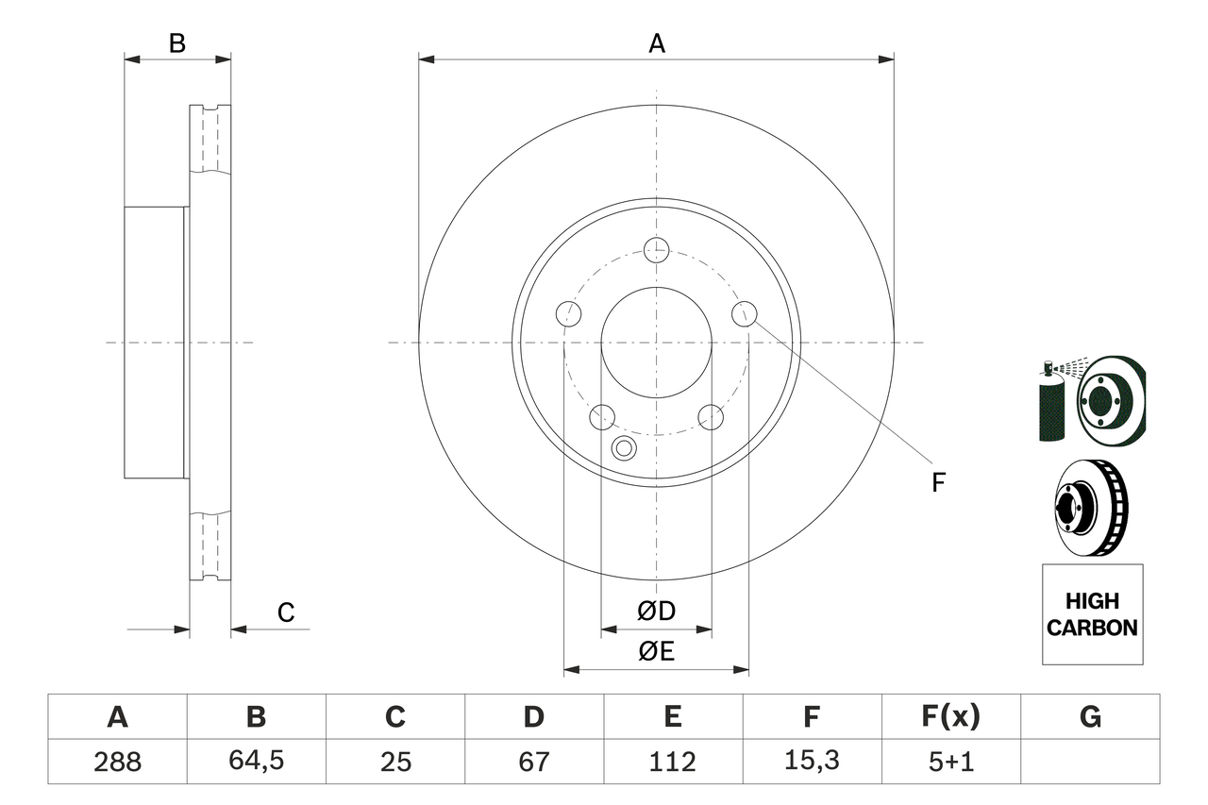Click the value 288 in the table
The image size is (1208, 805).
[118, 762]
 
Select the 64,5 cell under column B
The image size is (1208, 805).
[256, 762]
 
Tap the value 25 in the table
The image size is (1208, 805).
[395, 762]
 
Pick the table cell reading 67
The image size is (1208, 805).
[534, 762]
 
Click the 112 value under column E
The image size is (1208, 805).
[673, 762]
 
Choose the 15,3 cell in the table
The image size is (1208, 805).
[812, 762]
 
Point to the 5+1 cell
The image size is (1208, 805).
[950, 762]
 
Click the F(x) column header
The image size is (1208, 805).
[950, 717]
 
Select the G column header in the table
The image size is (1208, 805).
[1090, 717]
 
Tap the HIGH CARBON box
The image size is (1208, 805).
[1092, 613]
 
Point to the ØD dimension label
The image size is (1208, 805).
[657, 611]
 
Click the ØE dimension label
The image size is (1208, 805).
[657, 651]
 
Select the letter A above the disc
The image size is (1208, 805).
[657, 43]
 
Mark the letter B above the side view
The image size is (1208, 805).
[176, 43]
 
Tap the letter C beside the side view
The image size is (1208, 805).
[286, 612]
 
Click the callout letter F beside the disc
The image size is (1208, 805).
[938, 483]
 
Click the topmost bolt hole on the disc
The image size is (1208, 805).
[656, 249]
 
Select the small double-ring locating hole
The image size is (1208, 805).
[624, 448]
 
